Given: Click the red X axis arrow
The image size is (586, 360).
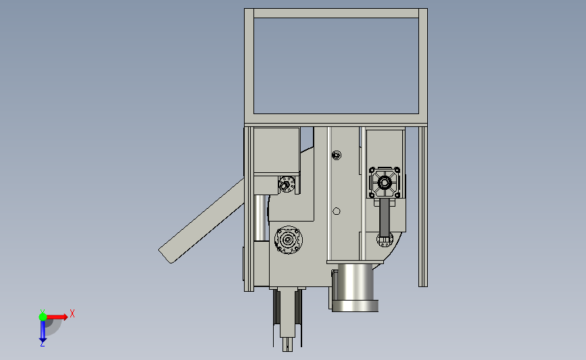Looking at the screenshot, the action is [57, 317].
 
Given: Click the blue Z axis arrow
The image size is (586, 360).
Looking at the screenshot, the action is [43, 331].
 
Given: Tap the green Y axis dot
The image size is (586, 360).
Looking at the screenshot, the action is [43, 317].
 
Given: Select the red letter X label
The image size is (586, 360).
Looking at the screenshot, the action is [72, 313].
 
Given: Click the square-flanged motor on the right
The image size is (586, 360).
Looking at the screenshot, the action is [385, 182].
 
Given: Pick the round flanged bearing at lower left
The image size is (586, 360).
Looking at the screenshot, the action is [288, 240].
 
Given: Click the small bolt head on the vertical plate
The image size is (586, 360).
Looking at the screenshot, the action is [337, 155].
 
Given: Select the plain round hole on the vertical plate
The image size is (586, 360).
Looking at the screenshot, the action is [337, 211].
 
